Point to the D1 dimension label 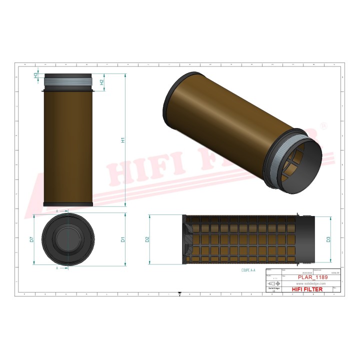coord(123,240)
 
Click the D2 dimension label coord(148,239)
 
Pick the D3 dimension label coord(328,239)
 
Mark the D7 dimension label coord(31,240)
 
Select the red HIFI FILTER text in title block coord(307,289)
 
